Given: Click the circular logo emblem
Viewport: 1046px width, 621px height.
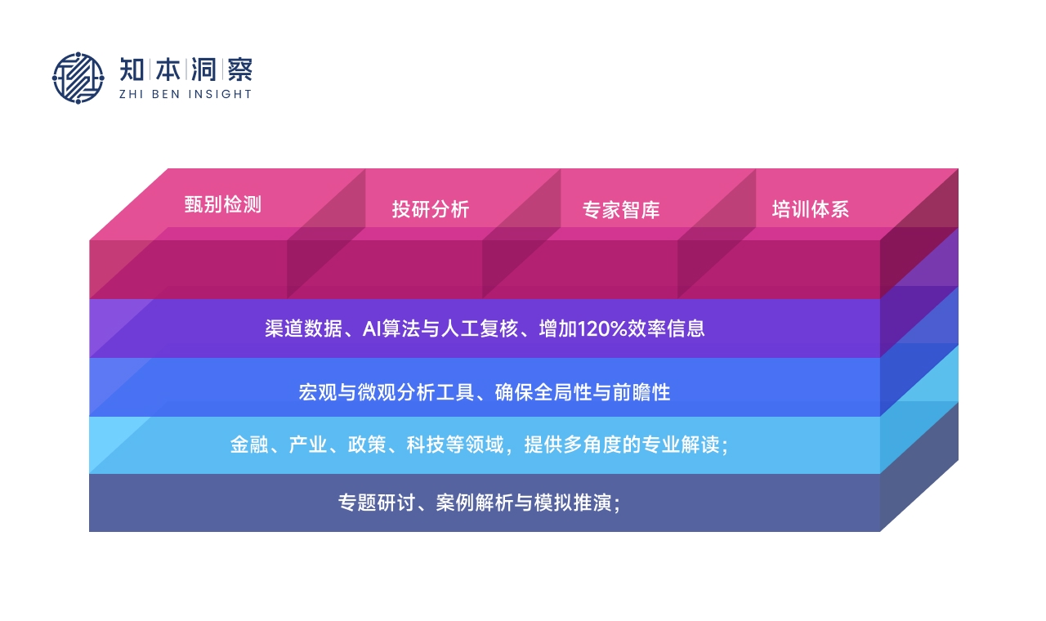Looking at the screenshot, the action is pyautogui.click(x=78, y=78).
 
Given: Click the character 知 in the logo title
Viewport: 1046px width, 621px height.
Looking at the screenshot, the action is pyautogui.click(x=132, y=69).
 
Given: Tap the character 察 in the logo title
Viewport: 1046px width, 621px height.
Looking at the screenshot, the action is pyautogui.click(x=240, y=69).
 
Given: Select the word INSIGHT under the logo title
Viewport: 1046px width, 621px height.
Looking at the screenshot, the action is pyautogui.click(x=220, y=94).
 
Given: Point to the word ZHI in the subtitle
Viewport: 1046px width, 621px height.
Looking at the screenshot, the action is pyautogui.click(x=132, y=94).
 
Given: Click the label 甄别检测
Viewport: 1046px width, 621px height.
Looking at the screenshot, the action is pyautogui.click(x=223, y=204).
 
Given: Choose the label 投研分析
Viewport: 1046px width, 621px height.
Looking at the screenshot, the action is pyautogui.click(x=431, y=209).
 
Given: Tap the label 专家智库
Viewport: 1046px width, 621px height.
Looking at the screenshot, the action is pyautogui.click(x=621, y=210).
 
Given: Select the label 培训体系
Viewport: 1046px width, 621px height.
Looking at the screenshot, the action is pyautogui.click(x=811, y=209).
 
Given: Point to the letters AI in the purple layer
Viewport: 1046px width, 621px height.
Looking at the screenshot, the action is pyautogui.click(x=372, y=329).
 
